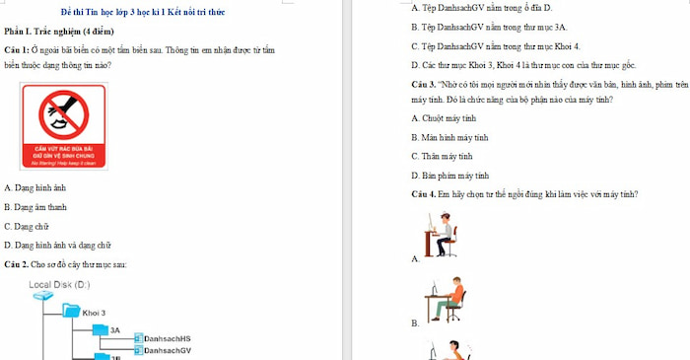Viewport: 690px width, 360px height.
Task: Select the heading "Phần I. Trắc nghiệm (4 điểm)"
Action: [61, 32]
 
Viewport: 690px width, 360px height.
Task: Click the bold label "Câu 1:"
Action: [19, 49]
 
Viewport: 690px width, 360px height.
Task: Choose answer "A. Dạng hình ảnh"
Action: [35, 187]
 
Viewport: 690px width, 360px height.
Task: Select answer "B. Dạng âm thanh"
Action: [35, 207]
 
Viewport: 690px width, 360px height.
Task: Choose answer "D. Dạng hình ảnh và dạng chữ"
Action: [58, 245]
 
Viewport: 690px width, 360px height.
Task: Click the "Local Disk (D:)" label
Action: [59, 284]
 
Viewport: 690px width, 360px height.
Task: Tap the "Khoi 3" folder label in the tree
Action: [95, 313]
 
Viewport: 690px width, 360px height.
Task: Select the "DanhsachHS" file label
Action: [167, 338]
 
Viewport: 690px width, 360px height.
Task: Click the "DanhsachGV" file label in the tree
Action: [167, 350]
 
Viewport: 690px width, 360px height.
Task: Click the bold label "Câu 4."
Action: [425, 193]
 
